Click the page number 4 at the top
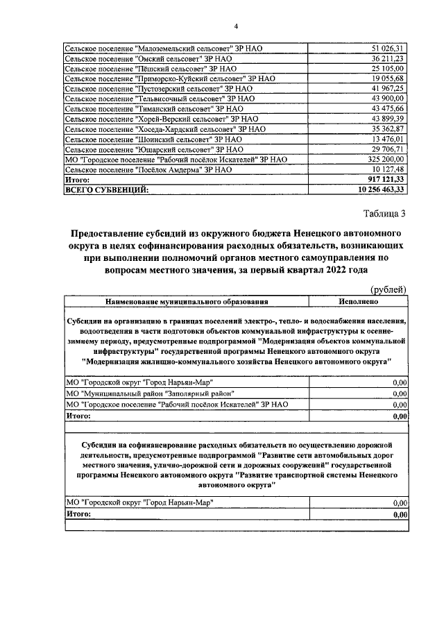(x=236, y=26)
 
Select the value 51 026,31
(x=388, y=48)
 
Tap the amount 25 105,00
(x=388, y=69)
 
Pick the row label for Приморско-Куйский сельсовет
(x=170, y=78)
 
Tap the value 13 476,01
(x=388, y=139)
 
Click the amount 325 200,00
(x=386, y=159)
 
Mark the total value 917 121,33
(x=386, y=179)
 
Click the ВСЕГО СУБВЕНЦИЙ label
(x=105, y=189)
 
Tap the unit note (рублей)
(x=388, y=290)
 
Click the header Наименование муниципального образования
(x=187, y=302)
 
